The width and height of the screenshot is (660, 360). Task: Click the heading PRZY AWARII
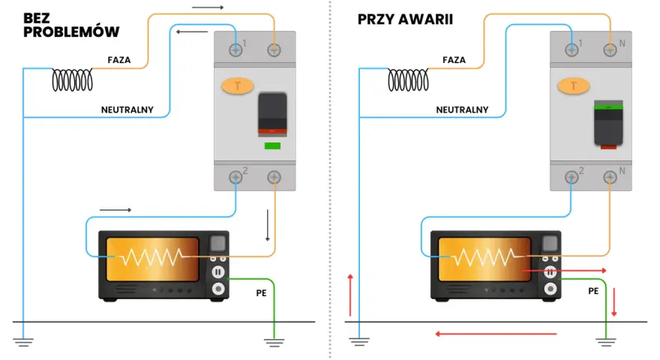click(405, 19)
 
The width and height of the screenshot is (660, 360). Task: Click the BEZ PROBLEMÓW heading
click(71, 25)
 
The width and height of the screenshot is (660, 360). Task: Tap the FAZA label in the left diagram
click(119, 60)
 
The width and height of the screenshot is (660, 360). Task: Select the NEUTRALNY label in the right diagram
click(462, 110)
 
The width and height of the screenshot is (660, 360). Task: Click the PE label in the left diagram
click(262, 293)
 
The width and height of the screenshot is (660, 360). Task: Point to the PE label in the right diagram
click(593, 291)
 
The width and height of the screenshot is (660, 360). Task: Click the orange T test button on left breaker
click(238, 86)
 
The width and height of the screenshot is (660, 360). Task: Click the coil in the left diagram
click(73, 80)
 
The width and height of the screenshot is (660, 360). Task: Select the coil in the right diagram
click(408, 80)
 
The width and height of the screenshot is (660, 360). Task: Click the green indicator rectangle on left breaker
click(272, 146)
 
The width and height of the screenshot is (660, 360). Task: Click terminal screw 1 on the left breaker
click(235, 50)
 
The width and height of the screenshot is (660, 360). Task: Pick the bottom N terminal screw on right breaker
click(610, 177)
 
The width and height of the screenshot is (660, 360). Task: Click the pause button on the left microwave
click(218, 272)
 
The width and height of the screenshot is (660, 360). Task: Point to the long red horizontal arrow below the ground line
click(496, 334)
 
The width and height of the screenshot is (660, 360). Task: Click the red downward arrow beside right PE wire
click(614, 302)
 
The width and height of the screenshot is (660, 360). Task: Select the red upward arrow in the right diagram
click(350, 295)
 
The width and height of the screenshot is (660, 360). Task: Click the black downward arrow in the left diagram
click(267, 225)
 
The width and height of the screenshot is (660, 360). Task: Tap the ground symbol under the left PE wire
click(274, 343)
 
